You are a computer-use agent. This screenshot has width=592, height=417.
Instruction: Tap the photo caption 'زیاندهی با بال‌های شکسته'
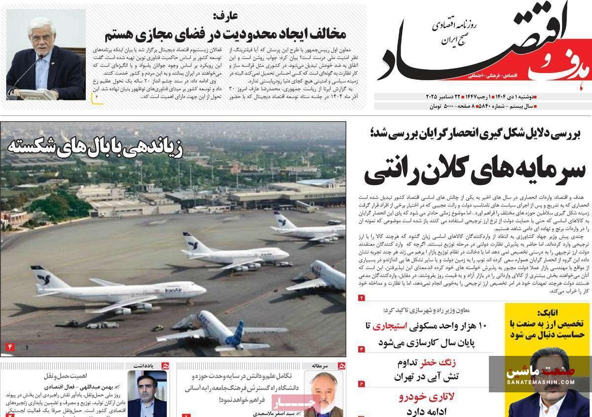[x=95, y=147]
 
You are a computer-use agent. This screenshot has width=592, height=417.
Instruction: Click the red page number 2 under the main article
[x=361, y=297]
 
